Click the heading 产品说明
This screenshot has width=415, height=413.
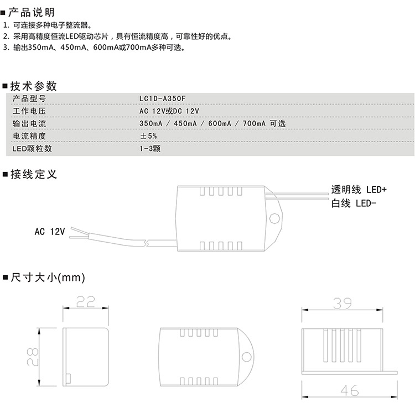[32, 12]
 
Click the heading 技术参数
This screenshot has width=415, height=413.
[34, 86]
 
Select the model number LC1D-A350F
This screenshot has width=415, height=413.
[163, 98]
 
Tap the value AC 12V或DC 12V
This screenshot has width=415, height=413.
[169, 111]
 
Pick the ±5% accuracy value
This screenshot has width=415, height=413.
[148, 136]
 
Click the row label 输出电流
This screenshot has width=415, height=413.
[29, 123]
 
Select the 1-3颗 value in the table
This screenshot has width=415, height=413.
[150, 148]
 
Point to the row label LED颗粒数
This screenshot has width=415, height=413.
[32, 148]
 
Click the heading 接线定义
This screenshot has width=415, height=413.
[34, 175]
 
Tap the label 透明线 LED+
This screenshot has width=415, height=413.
[359, 190]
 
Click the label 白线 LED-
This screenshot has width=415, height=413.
[354, 203]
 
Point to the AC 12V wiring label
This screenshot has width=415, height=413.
[50, 232]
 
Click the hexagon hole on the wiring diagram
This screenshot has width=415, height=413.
[274, 218]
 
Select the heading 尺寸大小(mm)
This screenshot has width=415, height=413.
[48, 278]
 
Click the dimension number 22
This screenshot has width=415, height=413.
[85, 302]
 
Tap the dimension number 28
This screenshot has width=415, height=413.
[33, 357]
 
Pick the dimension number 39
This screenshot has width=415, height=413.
[343, 304]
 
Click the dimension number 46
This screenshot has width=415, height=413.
[350, 390]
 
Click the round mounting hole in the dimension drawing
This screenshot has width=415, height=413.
[246, 357]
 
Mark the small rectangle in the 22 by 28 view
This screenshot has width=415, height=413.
[68, 379]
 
